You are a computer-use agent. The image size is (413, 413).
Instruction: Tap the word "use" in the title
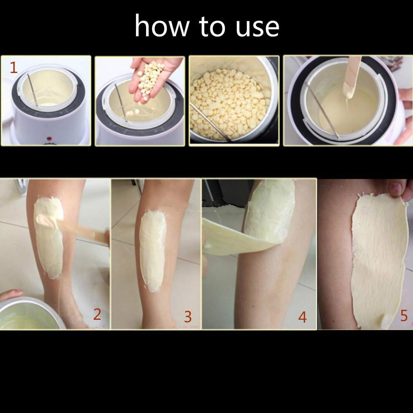(257, 28)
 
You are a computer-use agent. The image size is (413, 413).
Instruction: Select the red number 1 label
(14, 67)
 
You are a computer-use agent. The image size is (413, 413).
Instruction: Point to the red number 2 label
(97, 314)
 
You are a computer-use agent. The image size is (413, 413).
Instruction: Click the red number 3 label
(188, 317)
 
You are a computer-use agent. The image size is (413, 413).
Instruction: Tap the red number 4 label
(302, 317)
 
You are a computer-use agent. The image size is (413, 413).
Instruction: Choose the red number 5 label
(404, 315)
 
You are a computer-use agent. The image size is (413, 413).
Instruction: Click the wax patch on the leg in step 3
(152, 250)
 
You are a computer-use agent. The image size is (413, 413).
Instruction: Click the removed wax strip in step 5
(379, 259)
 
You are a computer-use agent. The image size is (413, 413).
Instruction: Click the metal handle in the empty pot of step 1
(32, 90)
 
